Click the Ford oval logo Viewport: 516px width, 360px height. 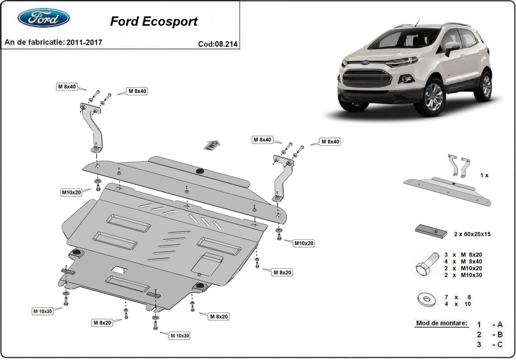click(x=43, y=18)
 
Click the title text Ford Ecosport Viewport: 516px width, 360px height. click(x=153, y=21)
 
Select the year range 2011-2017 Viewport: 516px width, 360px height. click(x=84, y=43)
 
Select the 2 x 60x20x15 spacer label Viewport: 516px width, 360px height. click(x=472, y=234)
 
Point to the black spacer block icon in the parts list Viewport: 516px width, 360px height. click(x=433, y=231)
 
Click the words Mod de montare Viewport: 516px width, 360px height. click(x=441, y=323)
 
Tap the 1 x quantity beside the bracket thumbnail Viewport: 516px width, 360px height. click(x=484, y=175)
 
